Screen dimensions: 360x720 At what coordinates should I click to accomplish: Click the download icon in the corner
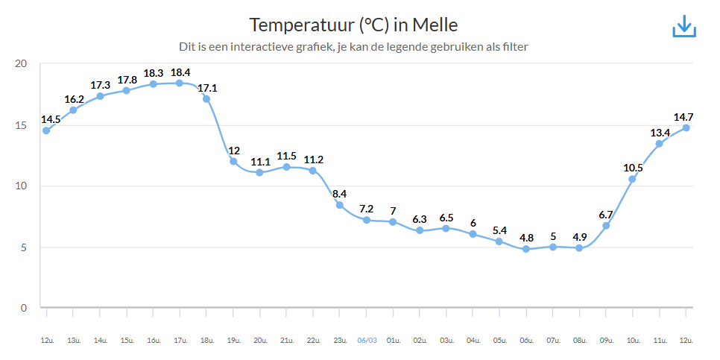[x=683, y=26]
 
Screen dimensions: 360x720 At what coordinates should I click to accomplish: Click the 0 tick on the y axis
[x=24, y=308]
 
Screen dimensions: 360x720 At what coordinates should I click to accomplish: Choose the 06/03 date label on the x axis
[x=367, y=340]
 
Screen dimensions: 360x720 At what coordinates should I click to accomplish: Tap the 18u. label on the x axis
[x=206, y=340]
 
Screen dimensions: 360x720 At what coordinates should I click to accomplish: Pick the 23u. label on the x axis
[x=340, y=340]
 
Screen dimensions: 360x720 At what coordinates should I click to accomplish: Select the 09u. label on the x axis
[x=606, y=340]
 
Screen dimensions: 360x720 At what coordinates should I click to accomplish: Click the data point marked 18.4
[x=180, y=83]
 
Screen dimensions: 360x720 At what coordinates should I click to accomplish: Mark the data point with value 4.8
[x=526, y=249]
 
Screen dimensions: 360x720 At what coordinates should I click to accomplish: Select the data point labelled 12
[x=233, y=161]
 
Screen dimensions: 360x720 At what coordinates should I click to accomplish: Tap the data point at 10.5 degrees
[x=632, y=179]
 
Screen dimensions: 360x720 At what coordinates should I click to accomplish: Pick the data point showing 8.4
[x=340, y=205]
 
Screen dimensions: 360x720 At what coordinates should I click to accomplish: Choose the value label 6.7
[x=606, y=215]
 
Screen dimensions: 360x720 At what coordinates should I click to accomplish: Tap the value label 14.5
[x=51, y=119]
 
